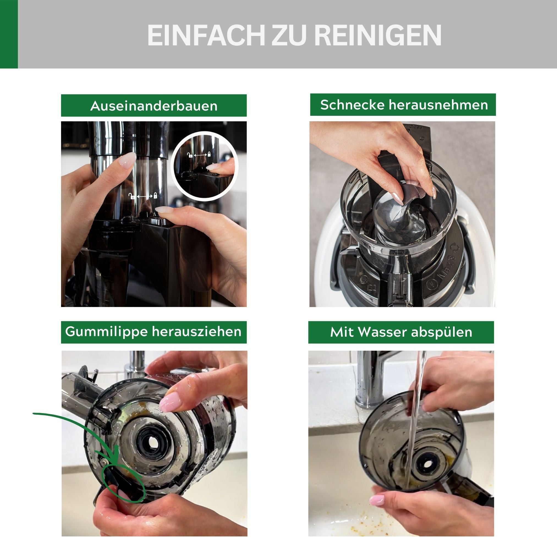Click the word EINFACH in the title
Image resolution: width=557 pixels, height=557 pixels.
206,35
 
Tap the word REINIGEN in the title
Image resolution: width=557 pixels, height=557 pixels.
377,35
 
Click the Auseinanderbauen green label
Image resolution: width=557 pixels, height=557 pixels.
154,106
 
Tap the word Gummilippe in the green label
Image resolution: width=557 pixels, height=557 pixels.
106,331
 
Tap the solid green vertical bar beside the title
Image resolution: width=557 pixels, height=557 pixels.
9,34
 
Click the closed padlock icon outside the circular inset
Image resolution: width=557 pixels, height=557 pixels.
155,196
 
